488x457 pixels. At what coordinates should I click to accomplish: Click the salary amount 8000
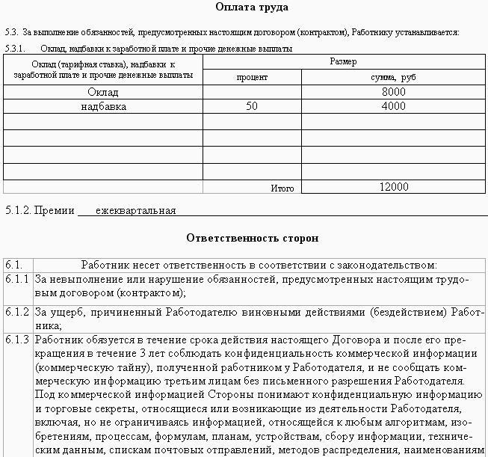click(x=393, y=92)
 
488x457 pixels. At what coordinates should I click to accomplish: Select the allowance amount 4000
click(x=393, y=107)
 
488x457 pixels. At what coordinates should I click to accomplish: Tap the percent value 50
click(x=252, y=107)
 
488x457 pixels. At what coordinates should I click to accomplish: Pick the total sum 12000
click(x=393, y=187)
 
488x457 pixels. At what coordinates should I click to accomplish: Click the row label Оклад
click(x=103, y=92)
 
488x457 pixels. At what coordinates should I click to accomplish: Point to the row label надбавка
click(x=103, y=107)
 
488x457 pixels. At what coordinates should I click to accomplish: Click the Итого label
click(x=282, y=188)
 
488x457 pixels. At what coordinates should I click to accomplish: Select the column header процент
click(x=252, y=77)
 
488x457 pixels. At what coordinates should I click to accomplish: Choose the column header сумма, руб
click(x=393, y=77)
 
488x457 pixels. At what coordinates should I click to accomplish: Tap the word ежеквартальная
click(x=137, y=210)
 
